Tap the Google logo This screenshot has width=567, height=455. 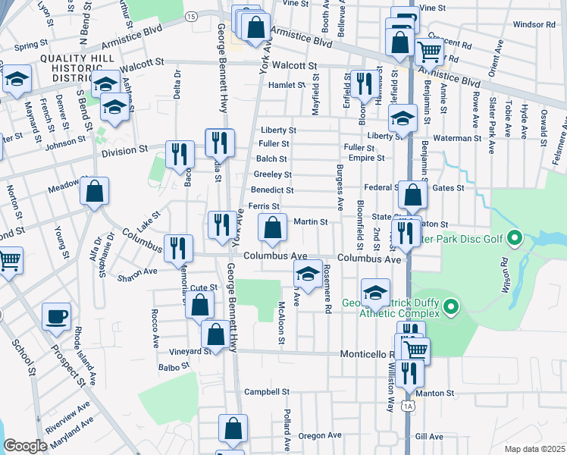25,446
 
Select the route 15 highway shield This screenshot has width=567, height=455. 190,16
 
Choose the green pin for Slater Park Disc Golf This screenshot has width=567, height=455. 515,240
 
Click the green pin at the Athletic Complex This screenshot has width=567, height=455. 452,308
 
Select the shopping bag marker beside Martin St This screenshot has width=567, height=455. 272,226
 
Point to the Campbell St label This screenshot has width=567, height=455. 267,392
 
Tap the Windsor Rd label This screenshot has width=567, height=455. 534,24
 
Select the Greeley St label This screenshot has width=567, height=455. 268,174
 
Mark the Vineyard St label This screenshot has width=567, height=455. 190,352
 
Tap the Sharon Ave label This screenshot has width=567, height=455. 137,271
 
